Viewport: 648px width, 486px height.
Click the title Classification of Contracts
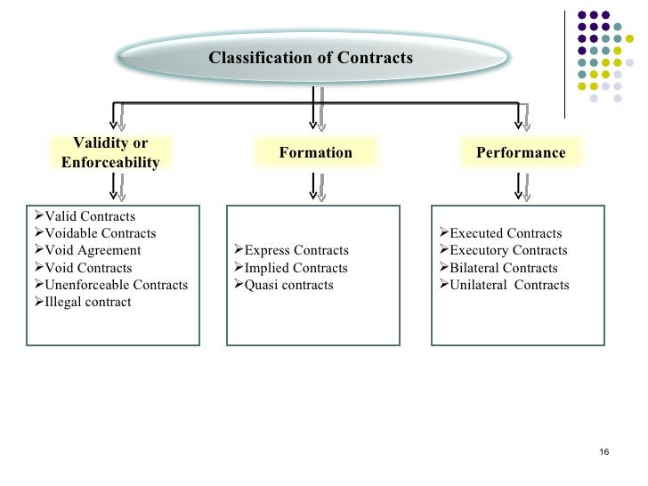[311, 58]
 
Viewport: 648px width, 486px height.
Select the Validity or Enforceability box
[110, 153]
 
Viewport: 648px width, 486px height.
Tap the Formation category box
[315, 153]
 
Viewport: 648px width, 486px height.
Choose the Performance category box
[521, 153]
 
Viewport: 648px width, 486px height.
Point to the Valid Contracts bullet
[89, 217]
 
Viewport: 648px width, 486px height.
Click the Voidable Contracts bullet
[100, 234]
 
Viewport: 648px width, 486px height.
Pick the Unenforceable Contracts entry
[116, 285]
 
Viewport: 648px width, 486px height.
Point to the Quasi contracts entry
[288, 285]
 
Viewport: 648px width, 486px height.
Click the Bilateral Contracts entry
[504, 268]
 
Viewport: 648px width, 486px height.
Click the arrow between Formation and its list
[315, 184]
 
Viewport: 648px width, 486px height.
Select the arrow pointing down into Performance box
[522, 117]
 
